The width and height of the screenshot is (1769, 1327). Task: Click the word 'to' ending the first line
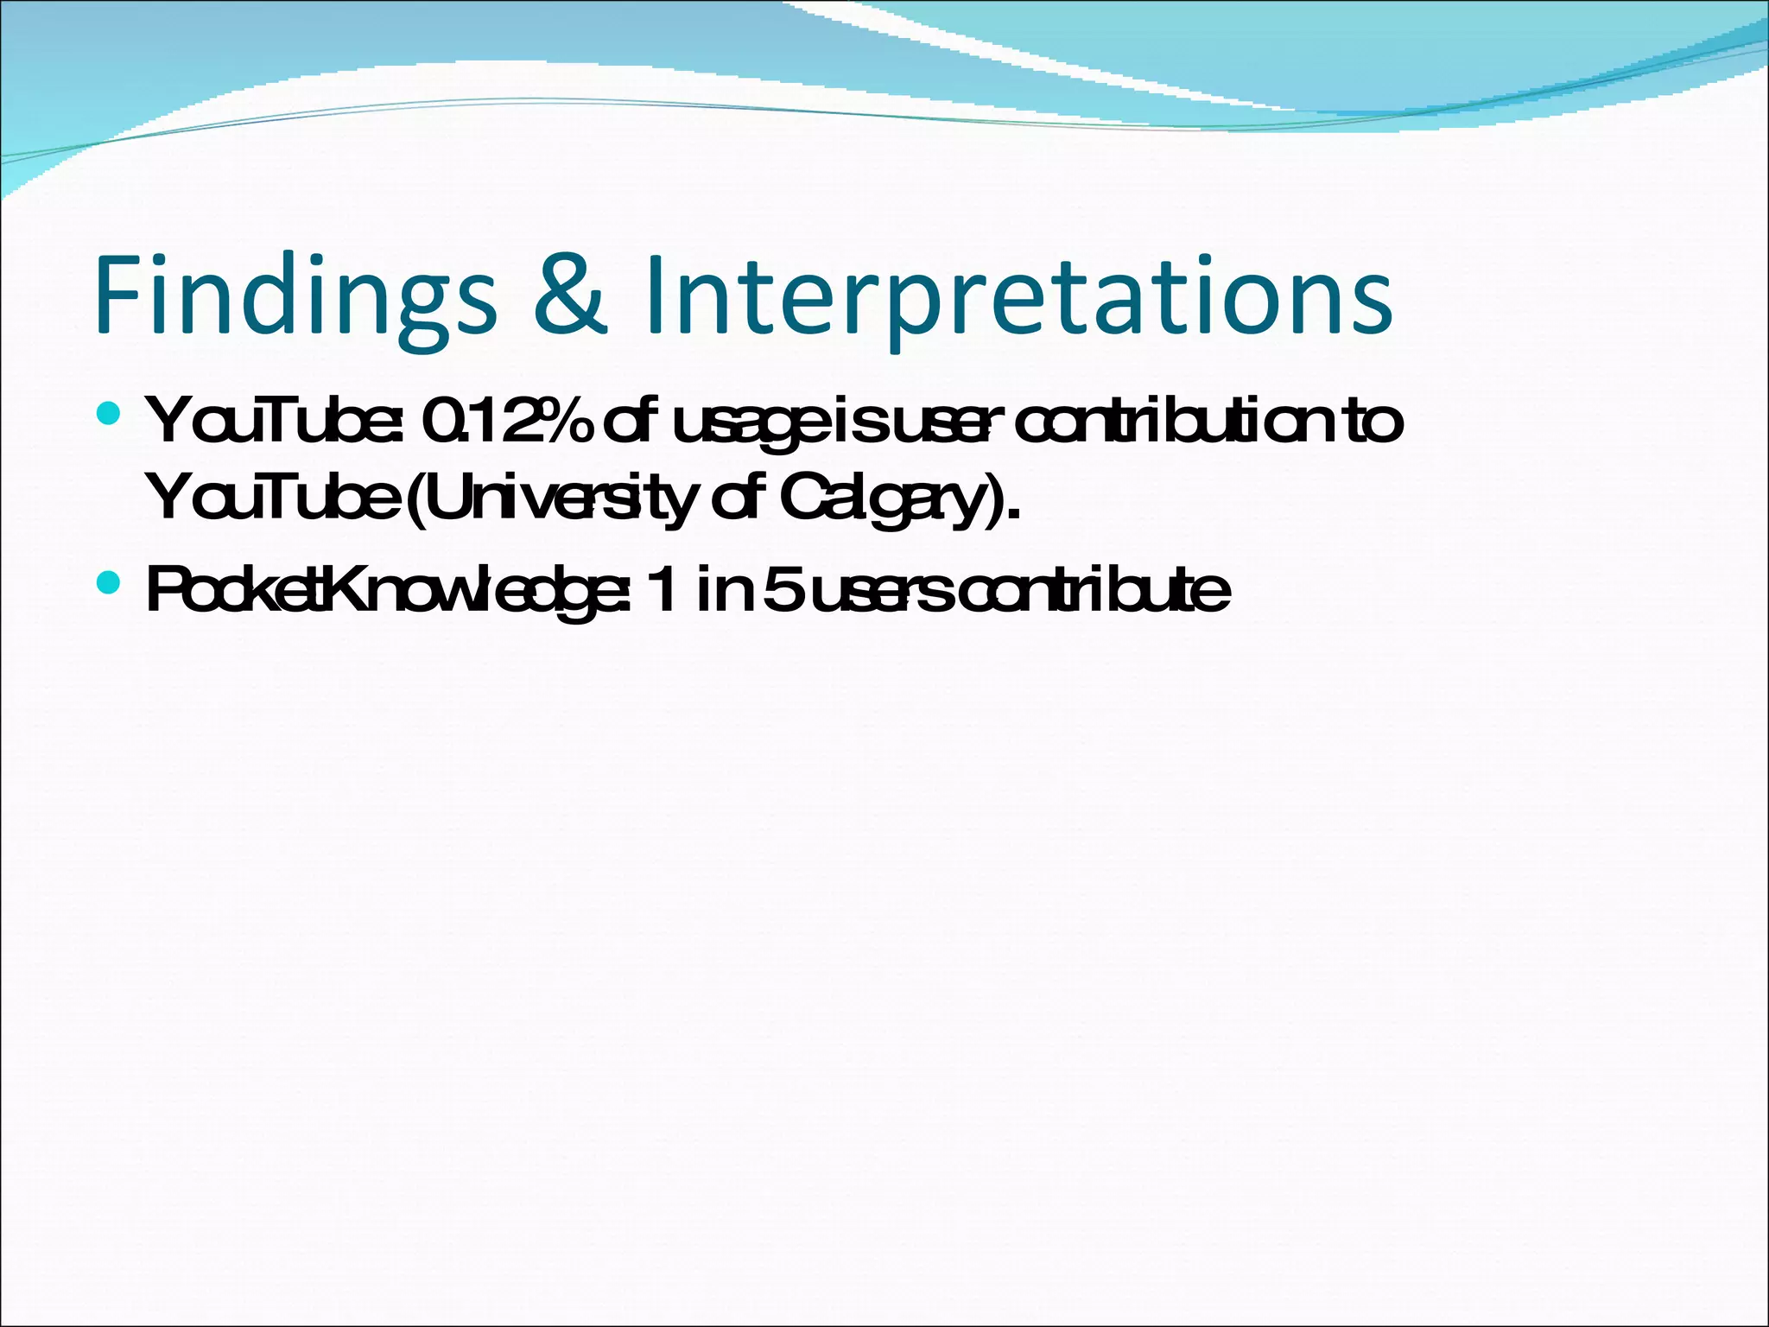point(1374,422)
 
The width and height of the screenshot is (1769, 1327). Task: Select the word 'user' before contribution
point(946,423)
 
